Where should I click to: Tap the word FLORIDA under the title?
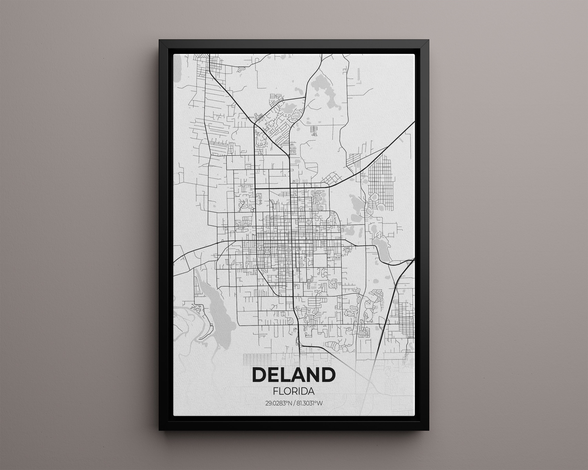coord(294,391)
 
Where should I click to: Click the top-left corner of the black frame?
coord(160,41)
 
